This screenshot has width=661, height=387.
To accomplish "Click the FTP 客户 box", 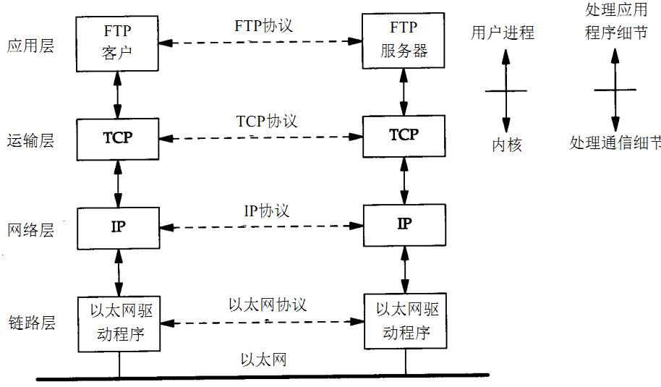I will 118,43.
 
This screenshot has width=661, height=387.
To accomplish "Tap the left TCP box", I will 118,137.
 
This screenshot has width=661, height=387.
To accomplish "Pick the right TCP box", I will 404,135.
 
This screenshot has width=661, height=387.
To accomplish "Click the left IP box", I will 118,227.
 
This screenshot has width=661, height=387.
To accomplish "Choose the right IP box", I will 404,224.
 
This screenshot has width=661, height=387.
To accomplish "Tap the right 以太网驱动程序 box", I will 406,320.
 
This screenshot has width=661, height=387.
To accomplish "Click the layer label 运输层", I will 30,140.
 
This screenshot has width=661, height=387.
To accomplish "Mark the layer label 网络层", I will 30,231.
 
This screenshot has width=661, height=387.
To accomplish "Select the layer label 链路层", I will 30,323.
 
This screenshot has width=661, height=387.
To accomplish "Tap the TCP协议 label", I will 267,121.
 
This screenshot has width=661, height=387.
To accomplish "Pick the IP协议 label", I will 266,211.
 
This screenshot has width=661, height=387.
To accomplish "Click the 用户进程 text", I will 503,33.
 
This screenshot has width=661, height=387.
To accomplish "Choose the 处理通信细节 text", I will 615,143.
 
